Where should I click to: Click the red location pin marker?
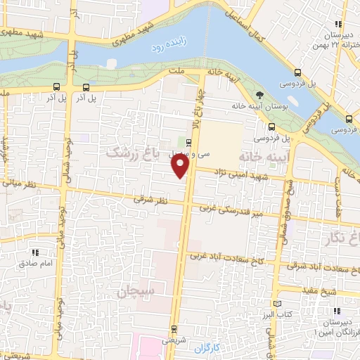[x=181, y=166]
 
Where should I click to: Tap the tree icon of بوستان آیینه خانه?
[x=260, y=95]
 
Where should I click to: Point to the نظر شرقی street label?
[x=150, y=200]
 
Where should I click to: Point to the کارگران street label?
[x=207, y=347]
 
